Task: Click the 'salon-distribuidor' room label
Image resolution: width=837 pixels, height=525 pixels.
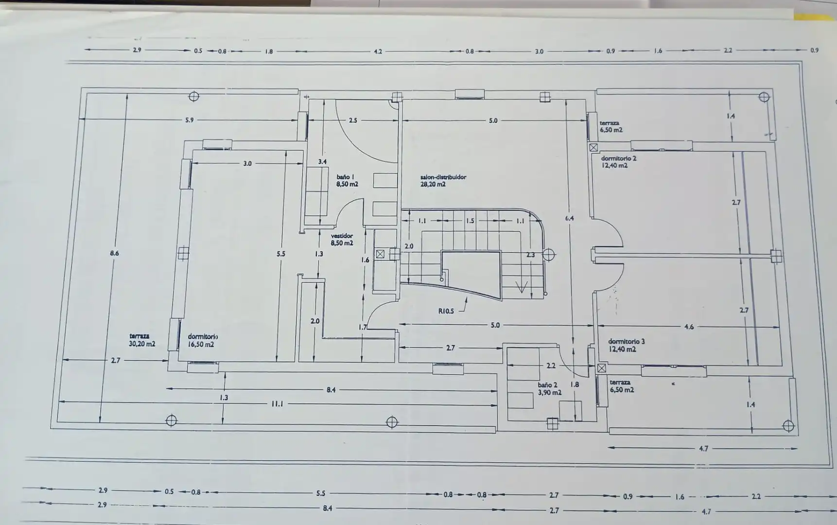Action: tap(443, 177)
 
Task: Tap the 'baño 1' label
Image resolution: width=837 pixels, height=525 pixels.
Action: tap(345, 177)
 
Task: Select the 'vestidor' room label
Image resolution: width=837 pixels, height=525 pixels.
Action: tap(342, 236)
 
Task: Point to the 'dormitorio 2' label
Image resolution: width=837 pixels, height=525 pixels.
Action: tap(618, 158)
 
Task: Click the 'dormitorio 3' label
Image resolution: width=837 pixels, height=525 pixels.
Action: tap(627, 341)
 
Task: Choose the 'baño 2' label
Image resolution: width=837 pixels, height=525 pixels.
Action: tap(547, 385)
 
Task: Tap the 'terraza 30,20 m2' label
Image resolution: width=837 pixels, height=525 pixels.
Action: tap(142, 340)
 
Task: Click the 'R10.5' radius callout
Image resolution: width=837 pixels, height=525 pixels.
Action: tap(446, 311)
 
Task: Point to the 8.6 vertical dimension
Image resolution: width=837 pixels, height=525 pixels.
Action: tap(114, 253)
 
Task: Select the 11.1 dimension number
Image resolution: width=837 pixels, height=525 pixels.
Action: tap(277, 403)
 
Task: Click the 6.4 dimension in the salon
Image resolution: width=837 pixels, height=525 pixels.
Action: tap(570, 218)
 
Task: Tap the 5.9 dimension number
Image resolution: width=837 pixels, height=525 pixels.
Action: tap(189, 120)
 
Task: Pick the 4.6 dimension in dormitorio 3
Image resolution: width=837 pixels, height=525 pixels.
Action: tap(689, 327)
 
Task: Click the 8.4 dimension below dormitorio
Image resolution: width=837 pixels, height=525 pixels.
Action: tap(331, 389)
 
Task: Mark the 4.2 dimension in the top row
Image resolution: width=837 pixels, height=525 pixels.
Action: tap(378, 51)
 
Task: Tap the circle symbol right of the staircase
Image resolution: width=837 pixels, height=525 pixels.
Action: tap(548, 254)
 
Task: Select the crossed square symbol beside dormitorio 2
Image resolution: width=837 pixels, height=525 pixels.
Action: tap(593, 147)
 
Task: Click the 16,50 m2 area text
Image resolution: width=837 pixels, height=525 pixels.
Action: tap(201, 345)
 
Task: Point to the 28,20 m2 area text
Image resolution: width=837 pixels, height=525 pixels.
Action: tap(433, 184)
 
